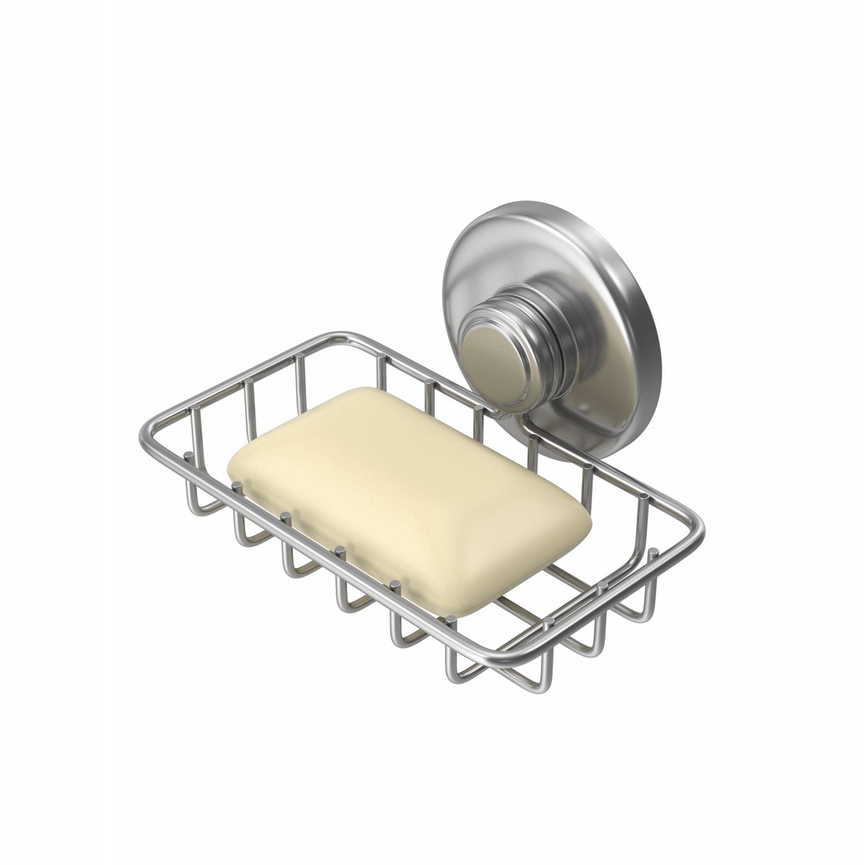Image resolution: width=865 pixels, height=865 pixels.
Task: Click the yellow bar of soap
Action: (408, 497)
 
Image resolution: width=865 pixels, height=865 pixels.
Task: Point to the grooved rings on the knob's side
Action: (553, 352)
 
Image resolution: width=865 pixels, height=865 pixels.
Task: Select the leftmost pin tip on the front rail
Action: (187, 456)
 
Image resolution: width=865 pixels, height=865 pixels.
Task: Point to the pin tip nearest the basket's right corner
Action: (653, 552)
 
